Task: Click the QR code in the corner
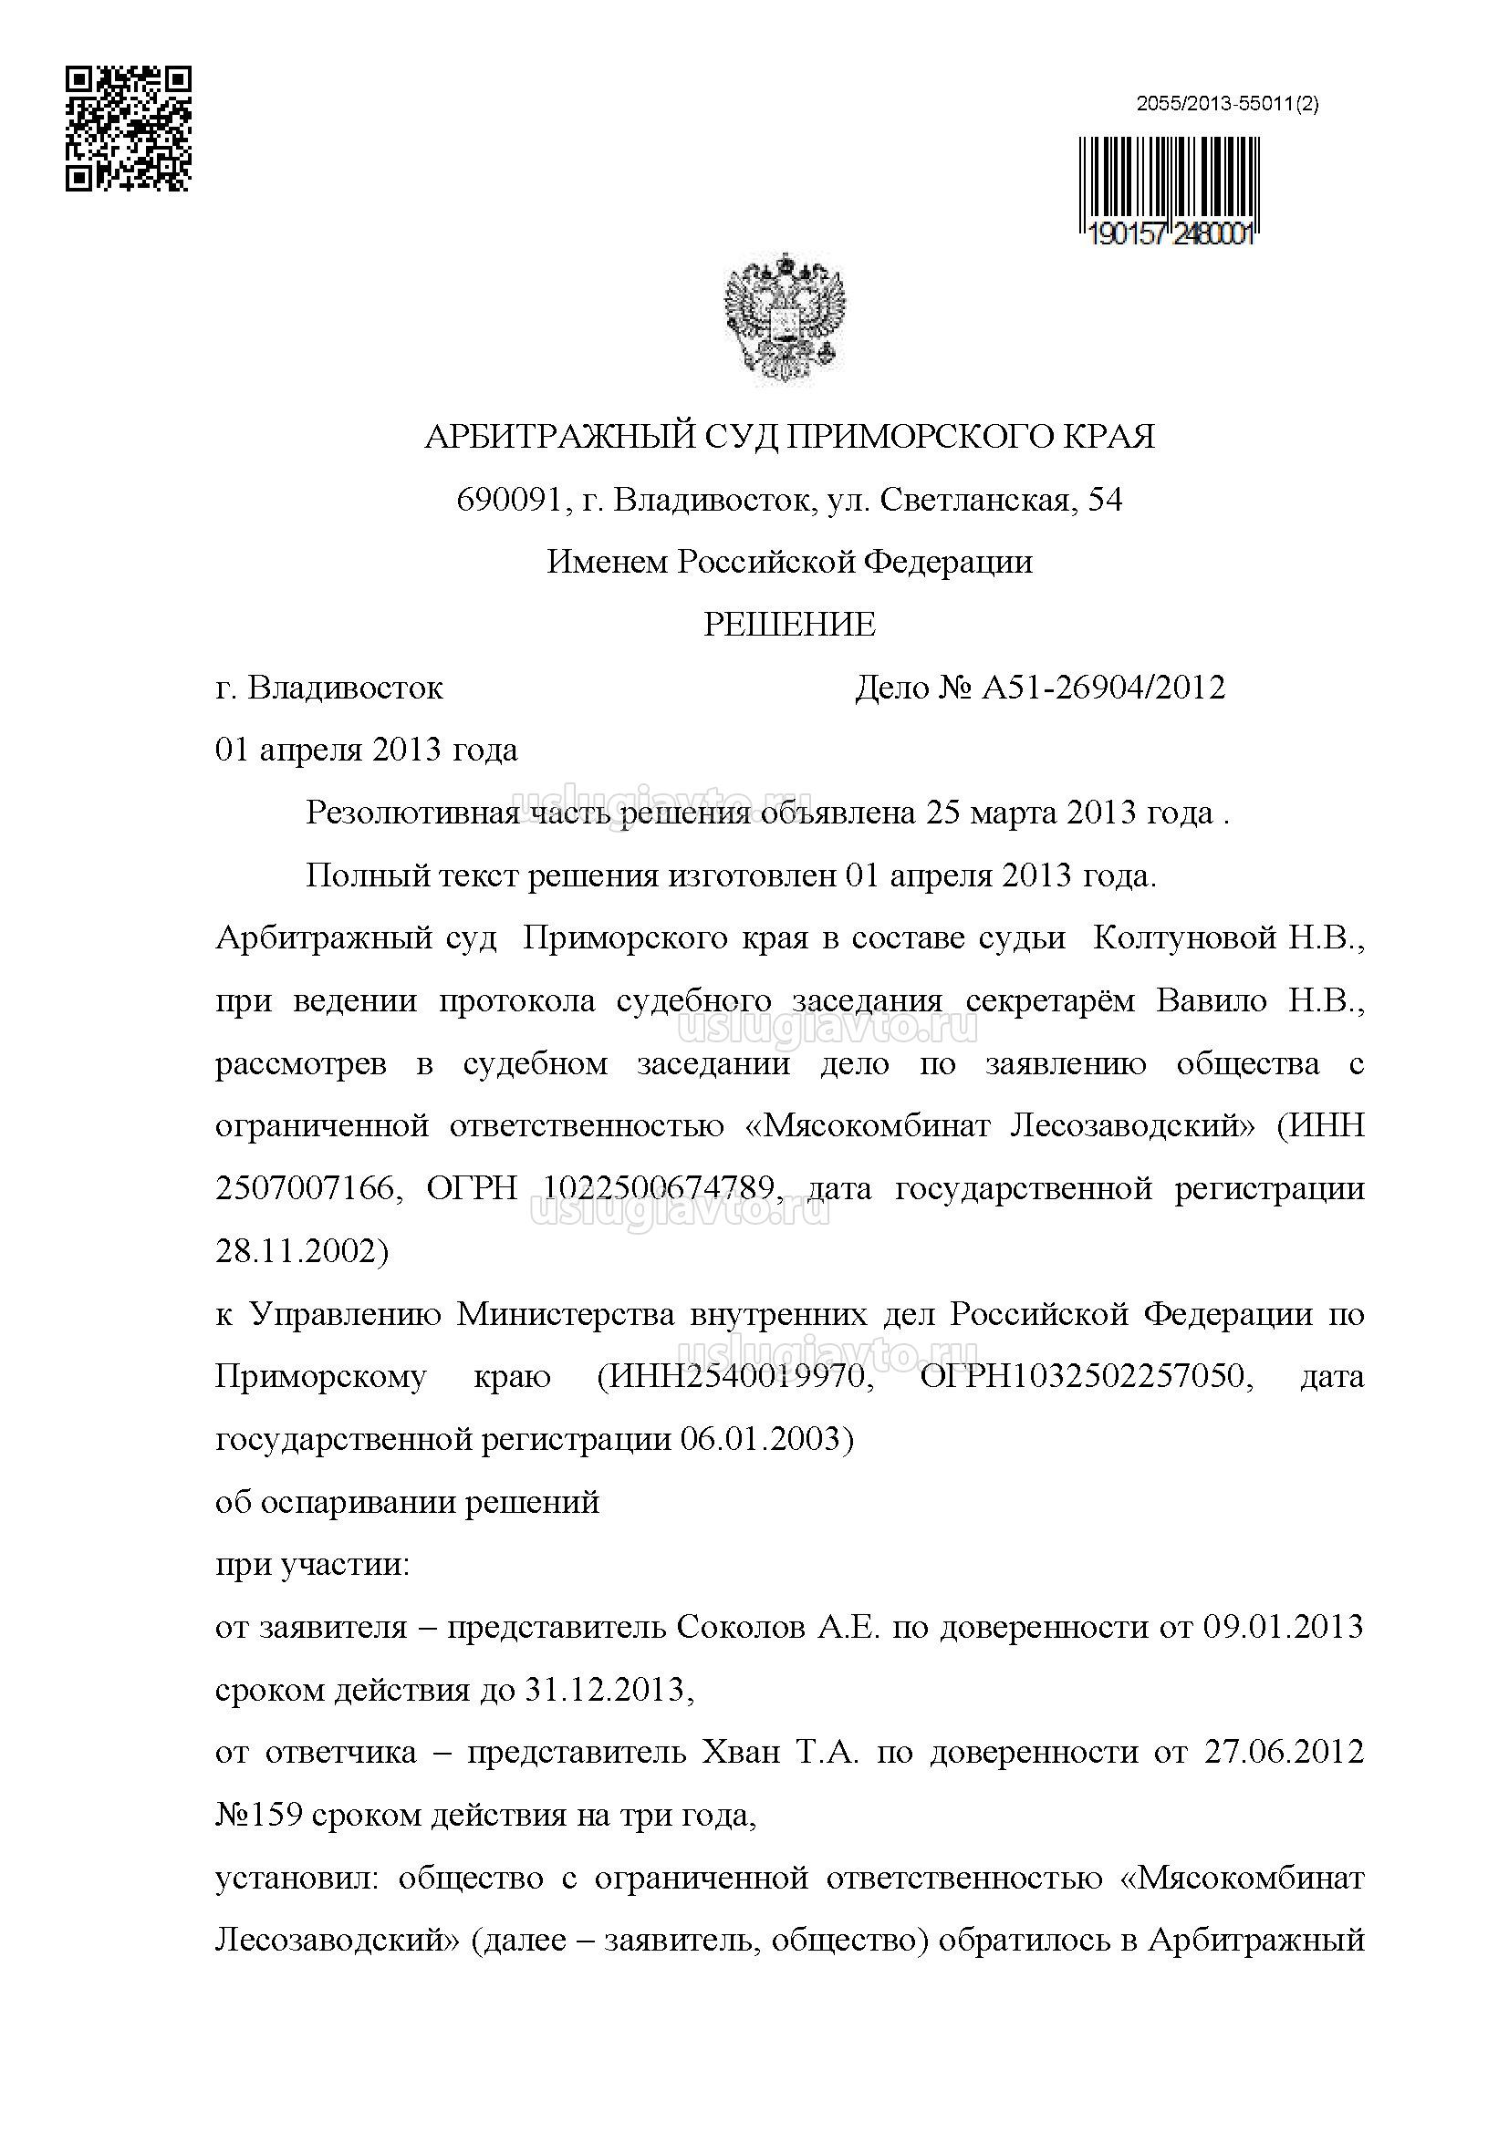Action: point(129,129)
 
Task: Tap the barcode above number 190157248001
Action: point(1169,182)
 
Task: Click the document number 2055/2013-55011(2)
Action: point(1226,105)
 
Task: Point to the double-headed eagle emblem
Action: point(784,318)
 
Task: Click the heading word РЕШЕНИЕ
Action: point(789,625)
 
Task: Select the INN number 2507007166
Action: point(305,1189)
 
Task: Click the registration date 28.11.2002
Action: point(301,1251)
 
